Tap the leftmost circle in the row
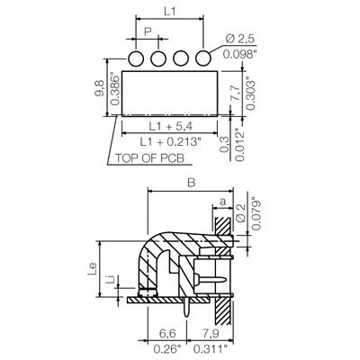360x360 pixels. point(138,58)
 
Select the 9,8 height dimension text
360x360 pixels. point(99,91)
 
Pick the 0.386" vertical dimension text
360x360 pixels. point(112,91)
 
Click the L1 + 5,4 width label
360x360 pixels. point(170,126)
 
